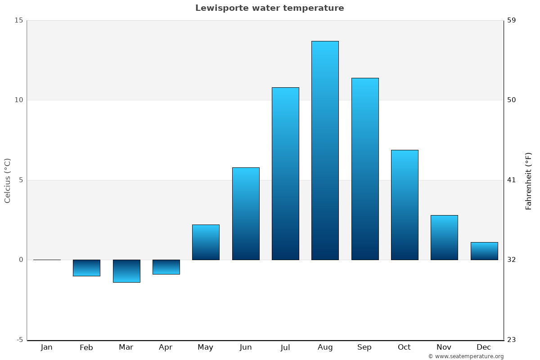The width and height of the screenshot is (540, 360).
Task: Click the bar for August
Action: tap(325, 150)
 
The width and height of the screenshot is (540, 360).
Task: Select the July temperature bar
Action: tap(285, 173)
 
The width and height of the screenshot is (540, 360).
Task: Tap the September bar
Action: tap(365, 169)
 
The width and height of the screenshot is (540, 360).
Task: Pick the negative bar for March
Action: tap(126, 271)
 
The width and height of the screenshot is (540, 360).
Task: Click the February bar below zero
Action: tap(86, 268)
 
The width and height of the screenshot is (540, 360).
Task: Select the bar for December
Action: tap(484, 251)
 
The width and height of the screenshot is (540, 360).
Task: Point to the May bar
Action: tap(206, 242)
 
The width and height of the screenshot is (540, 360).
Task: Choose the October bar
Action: tap(405, 205)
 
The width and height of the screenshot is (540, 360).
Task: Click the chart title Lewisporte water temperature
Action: tap(270, 8)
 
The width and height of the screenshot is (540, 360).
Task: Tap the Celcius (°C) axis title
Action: tap(8, 180)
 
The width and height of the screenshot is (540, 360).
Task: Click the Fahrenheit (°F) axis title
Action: tap(528, 181)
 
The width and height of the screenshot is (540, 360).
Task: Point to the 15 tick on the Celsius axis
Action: tap(18, 20)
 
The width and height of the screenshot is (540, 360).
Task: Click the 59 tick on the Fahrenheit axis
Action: tap(512, 20)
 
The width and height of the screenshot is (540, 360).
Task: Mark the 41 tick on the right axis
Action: tap(512, 180)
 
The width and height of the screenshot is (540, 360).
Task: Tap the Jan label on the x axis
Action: tap(46, 347)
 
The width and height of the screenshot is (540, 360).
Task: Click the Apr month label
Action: tap(166, 347)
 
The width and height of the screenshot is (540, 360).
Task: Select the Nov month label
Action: tap(444, 347)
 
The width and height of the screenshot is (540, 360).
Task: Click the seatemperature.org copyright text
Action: tap(466, 356)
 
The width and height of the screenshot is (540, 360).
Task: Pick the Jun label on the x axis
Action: tap(246, 347)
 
